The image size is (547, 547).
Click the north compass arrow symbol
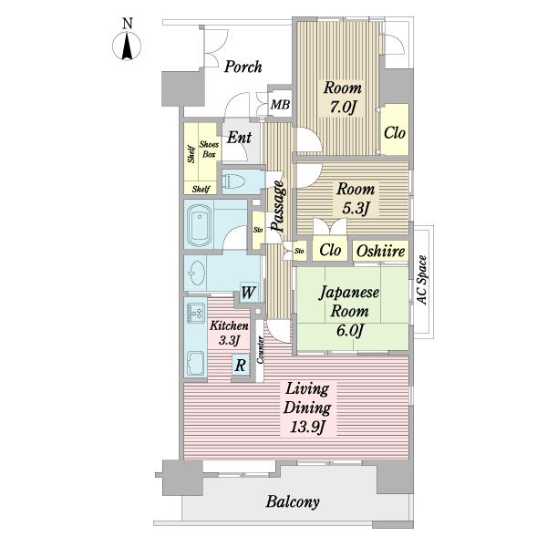[x=127, y=46]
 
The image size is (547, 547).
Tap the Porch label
[x=243, y=67]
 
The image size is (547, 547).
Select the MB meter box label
[x=280, y=104]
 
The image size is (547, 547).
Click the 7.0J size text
[x=343, y=107]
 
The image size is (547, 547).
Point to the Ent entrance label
[x=239, y=138]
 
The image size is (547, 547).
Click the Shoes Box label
[x=209, y=150]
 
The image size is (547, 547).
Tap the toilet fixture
[x=234, y=181]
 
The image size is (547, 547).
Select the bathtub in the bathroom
[x=200, y=225]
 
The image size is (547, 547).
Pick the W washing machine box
[x=248, y=293]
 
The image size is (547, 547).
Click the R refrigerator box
[x=241, y=366]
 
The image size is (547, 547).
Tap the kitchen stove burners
[x=196, y=312]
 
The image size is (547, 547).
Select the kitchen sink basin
[x=196, y=363]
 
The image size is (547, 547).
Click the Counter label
[x=260, y=350]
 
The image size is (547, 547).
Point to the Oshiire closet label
[x=380, y=251]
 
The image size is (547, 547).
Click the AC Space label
[x=422, y=281]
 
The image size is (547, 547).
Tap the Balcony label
[x=293, y=501]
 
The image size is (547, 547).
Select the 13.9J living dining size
[x=308, y=427]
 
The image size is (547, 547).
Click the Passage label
[x=279, y=206]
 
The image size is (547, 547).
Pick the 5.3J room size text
[x=356, y=209]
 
